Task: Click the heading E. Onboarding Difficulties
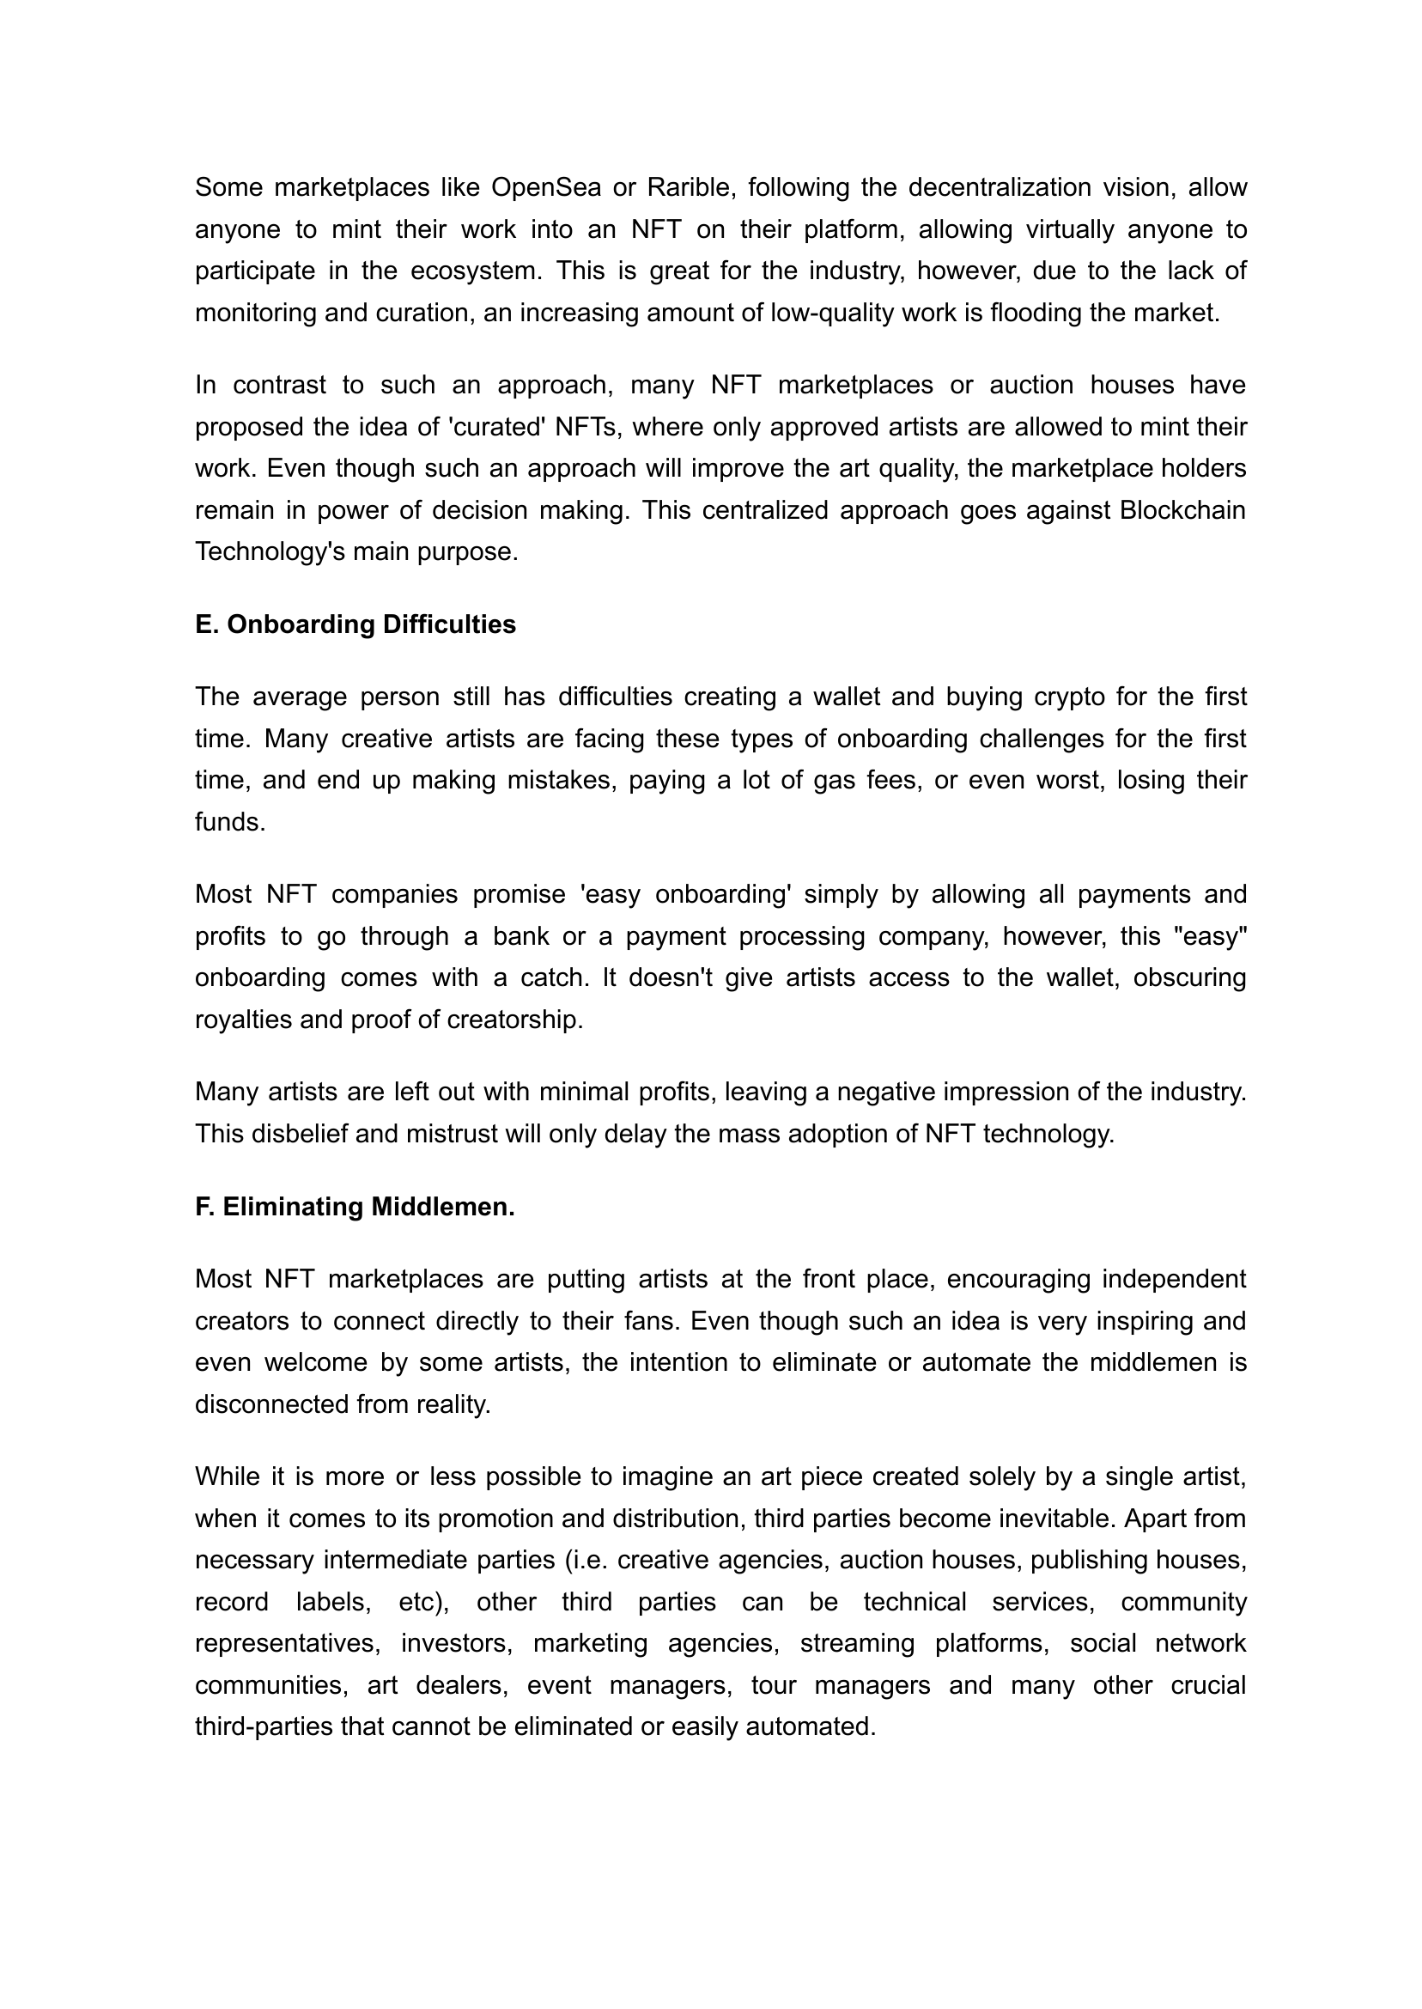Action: click(x=355, y=624)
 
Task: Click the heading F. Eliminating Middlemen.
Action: click(x=355, y=1206)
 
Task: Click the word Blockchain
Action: click(x=1182, y=509)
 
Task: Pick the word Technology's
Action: click(x=270, y=551)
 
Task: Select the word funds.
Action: click(x=229, y=821)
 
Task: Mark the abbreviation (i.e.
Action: click(x=586, y=1560)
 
